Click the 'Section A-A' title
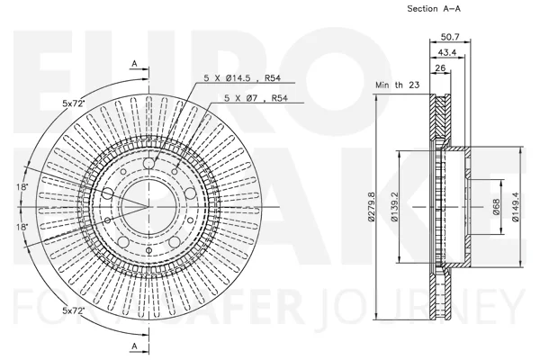(434, 9)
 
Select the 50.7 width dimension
(450, 37)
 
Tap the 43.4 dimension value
(446, 52)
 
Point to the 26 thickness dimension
(440, 67)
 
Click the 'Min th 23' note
(398, 85)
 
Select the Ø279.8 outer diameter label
(371, 207)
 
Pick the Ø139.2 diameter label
(394, 207)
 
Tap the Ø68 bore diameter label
(496, 207)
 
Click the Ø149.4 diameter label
(516, 207)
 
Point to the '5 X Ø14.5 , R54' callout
(242, 78)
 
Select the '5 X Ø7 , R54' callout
(256, 98)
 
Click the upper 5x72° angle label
(74, 103)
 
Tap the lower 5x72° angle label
(74, 310)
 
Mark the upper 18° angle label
(22, 187)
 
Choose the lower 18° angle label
(22, 227)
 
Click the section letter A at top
(135, 64)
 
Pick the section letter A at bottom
(135, 346)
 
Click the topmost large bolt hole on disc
(148, 163)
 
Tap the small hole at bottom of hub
(148, 250)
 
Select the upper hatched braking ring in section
(440, 117)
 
